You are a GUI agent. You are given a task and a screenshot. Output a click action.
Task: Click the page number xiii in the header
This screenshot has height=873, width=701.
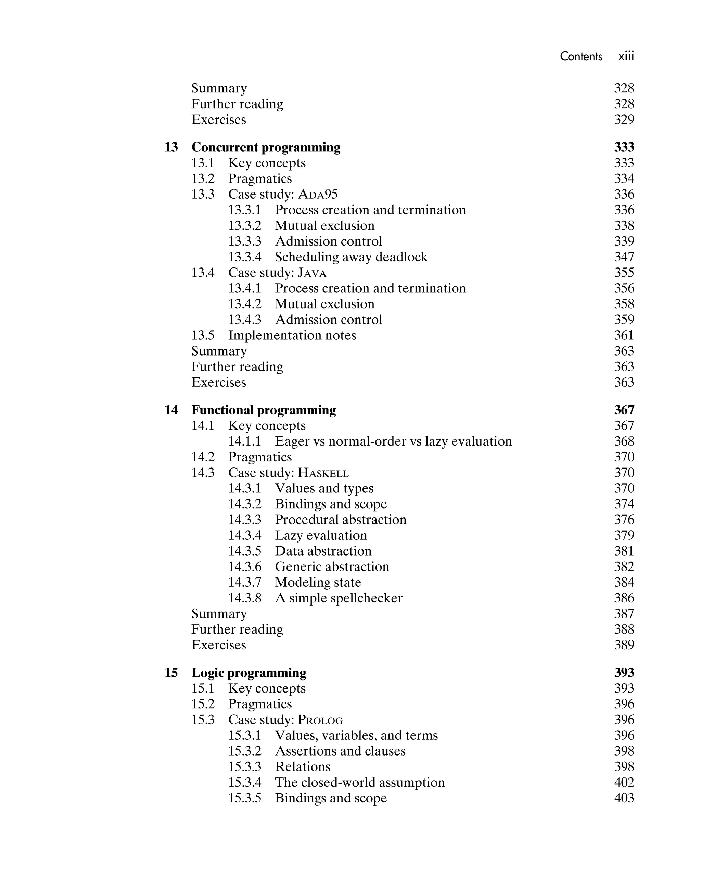[626, 56]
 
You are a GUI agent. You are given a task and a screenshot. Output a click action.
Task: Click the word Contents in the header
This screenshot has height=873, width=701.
[581, 56]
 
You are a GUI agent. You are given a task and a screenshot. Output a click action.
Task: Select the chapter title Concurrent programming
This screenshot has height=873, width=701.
[266, 147]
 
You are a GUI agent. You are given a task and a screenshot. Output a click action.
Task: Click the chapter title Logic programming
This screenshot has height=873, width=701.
[248, 673]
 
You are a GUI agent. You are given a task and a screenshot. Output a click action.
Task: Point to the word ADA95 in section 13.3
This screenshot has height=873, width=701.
[318, 194]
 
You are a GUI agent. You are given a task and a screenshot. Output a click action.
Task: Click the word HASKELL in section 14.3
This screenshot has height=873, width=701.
[323, 473]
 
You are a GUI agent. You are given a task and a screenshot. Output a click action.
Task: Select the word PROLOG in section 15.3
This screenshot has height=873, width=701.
[320, 720]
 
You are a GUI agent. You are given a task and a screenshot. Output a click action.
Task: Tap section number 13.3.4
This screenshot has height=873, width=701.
[244, 257]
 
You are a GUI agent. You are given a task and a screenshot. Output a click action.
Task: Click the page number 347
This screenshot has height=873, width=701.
[624, 257]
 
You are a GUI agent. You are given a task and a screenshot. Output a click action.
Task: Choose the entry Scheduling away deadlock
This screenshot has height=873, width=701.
[351, 257]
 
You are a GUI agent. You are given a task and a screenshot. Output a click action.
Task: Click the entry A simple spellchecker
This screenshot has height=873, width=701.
[339, 598]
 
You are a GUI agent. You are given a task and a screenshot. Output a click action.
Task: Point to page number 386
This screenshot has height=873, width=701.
[624, 598]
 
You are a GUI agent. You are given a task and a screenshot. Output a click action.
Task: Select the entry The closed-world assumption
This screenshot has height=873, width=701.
[359, 782]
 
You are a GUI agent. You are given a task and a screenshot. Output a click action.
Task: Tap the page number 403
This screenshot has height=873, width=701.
[624, 798]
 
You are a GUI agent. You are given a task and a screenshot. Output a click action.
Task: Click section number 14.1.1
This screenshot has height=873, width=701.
[244, 441]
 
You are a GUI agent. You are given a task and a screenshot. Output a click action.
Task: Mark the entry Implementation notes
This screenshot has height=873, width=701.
[292, 335]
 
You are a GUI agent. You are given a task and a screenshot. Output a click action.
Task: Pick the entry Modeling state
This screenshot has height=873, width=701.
[318, 582]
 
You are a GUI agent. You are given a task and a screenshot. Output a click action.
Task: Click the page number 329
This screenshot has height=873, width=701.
[624, 120]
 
